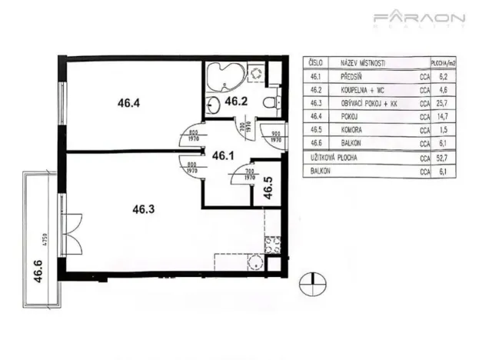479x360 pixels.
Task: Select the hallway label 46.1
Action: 223,155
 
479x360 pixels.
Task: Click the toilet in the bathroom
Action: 268,103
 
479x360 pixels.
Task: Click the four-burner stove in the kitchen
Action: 271,245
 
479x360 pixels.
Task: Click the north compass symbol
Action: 311,284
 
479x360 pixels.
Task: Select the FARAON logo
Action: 419,18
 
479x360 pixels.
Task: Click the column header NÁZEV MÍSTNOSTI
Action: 361,63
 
